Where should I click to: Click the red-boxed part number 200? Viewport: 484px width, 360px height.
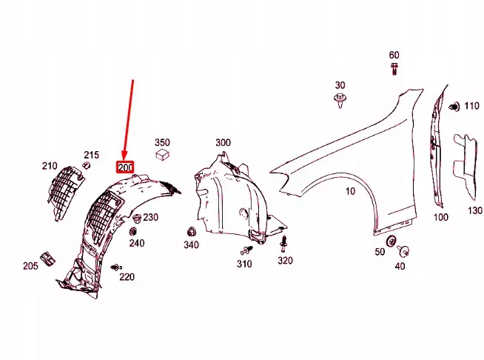tap(125, 167)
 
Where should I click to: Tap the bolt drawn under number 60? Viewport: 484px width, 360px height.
tap(394, 68)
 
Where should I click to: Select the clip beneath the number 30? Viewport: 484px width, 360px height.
tap(340, 100)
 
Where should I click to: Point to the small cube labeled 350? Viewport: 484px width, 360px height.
tap(163, 155)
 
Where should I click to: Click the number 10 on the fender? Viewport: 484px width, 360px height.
tap(350, 191)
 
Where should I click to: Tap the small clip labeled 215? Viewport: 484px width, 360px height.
tap(86, 165)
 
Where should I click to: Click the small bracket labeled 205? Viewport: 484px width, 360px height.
tap(47, 259)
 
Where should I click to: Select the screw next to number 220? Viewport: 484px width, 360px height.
tap(116, 267)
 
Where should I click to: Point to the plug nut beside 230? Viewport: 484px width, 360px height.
tap(137, 219)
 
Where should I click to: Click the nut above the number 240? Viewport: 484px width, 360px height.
tap(133, 231)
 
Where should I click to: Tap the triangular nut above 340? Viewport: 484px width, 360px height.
tap(191, 232)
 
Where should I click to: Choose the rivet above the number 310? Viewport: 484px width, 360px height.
tap(246, 250)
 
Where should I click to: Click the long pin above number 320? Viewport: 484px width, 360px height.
tap(283, 244)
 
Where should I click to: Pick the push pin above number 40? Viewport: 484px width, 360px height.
tap(404, 251)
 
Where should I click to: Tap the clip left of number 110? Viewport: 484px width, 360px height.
tap(454, 107)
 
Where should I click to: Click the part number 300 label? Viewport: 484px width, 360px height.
tap(223, 142)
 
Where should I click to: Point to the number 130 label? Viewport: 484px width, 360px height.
tap(475, 210)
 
